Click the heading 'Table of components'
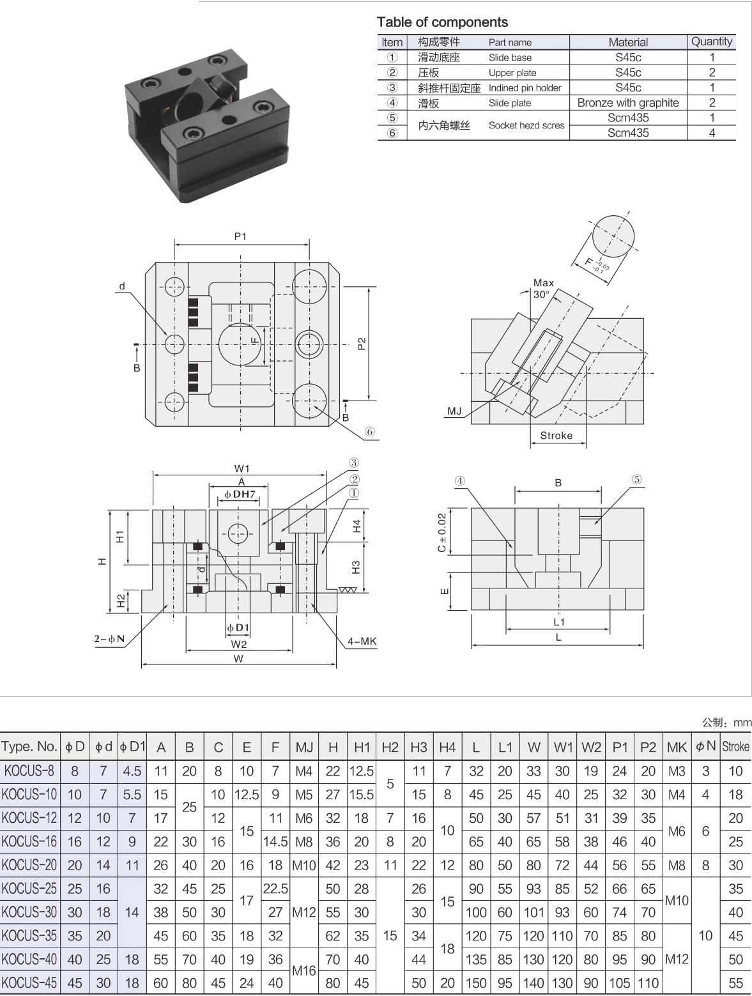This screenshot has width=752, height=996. click(442, 22)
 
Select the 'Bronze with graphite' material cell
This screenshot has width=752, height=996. click(627, 103)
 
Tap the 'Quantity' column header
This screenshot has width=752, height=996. click(711, 42)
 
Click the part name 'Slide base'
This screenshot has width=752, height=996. click(510, 57)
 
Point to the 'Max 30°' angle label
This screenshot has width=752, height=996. click(543, 288)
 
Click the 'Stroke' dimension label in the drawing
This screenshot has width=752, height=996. click(556, 436)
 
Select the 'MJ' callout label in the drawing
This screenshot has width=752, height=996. click(454, 411)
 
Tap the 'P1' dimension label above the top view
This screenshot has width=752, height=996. click(240, 236)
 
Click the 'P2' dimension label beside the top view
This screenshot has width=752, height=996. click(362, 344)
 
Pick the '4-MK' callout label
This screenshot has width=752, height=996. click(362, 641)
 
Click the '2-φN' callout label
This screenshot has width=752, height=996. click(109, 639)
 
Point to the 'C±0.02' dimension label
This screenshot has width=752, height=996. click(441, 532)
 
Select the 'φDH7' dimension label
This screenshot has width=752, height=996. click(240, 494)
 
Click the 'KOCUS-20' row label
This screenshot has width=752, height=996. click(29, 865)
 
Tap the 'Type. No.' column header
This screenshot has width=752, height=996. click(29, 747)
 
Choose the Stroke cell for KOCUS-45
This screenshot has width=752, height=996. click(735, 983)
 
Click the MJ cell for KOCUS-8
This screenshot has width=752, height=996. click(303, 771)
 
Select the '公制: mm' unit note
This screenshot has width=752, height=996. click(726, 723)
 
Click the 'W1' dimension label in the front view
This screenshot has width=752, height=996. click(242, 468)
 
